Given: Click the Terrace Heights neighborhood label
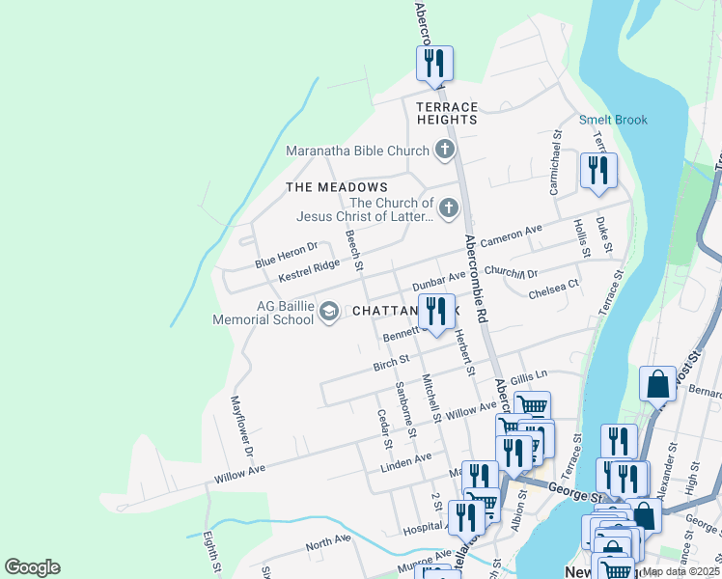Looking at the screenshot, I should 447,113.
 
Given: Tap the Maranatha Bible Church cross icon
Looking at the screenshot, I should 444,150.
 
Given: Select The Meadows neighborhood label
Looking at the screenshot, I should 337,187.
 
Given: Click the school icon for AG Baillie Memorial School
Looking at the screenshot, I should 329,311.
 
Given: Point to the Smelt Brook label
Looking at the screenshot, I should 613,121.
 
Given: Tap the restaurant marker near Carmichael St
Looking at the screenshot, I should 598,171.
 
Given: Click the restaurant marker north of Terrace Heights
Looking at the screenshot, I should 434,65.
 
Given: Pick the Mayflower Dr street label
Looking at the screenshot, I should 241,426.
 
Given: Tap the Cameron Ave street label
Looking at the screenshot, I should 512,235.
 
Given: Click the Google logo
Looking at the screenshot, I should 32,566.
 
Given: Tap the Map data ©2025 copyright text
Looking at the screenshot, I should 680,571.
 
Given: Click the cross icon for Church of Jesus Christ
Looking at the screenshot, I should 448,207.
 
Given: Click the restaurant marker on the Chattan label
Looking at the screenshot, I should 436,312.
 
